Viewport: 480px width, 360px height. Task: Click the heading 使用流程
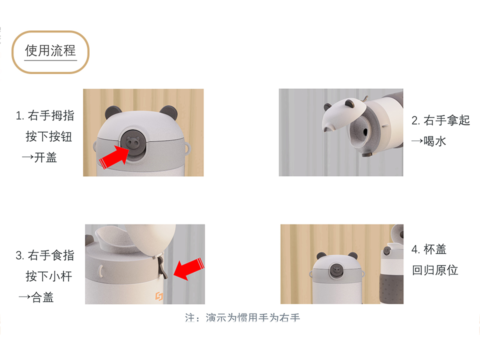50,50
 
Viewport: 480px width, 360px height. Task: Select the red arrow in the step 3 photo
187,268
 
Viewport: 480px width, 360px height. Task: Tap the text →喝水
428,141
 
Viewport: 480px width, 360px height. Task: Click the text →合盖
36,297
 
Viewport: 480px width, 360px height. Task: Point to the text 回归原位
435,270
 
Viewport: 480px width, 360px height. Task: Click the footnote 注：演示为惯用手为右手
242,317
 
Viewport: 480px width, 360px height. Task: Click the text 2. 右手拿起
440,120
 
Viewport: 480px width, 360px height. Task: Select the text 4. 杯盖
429,249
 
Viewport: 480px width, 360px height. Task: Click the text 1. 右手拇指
45,115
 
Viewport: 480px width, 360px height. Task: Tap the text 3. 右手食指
45,255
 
